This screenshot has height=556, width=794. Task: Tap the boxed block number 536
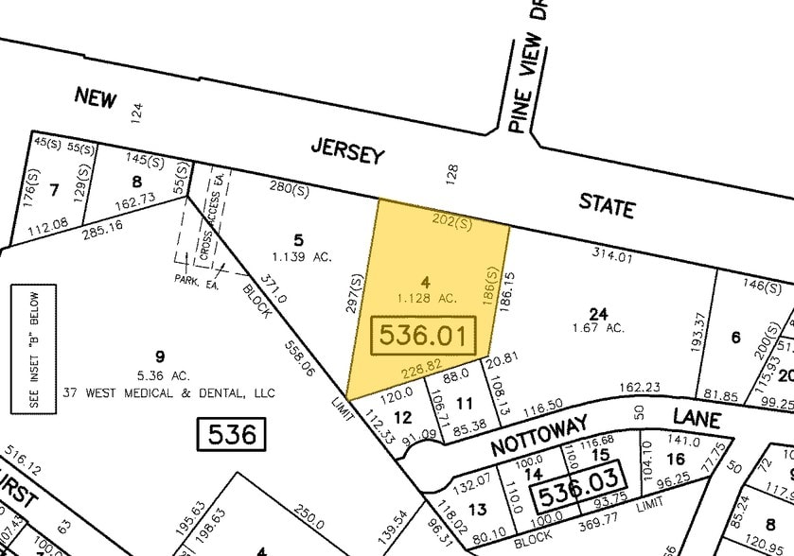point(232,435)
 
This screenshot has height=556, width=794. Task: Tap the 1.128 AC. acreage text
point(427,298)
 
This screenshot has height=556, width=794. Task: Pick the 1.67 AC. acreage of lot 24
point(598,328)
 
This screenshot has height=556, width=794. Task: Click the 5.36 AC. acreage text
point(159,374)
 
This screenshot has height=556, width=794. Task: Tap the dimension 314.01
point(609,253)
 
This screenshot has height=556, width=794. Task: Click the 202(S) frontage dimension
point(451,222)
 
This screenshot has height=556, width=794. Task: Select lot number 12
point(402,417)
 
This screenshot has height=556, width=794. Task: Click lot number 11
point(464,404)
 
